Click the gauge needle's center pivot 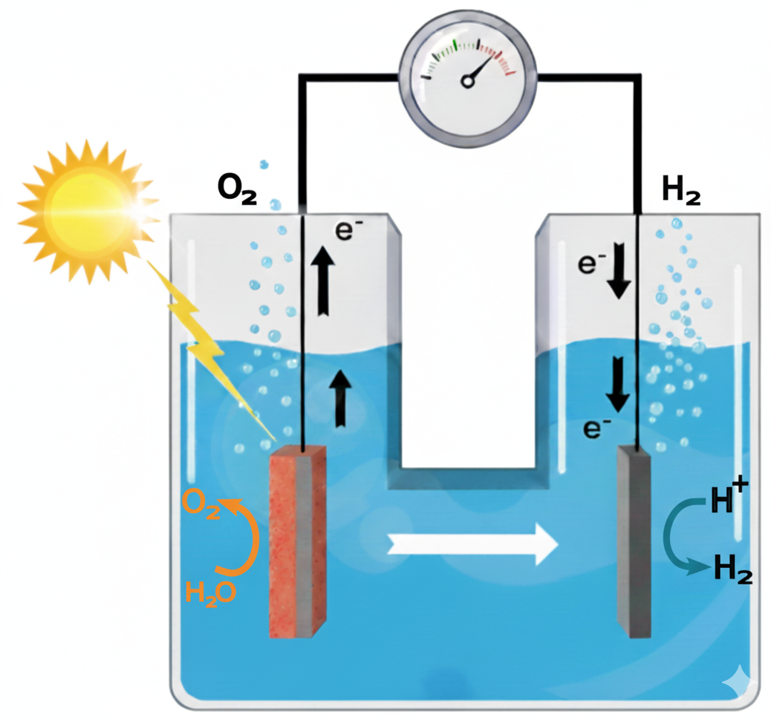pos(467,82)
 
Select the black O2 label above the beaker pos(238,189)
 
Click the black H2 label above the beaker pos(682,189)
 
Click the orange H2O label pos(210,593)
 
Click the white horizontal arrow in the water pos(473,544)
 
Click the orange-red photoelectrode pos(298,542)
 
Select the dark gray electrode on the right pos(634,542)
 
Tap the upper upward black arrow pos(323,281)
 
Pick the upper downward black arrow pos(619,270)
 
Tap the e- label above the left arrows pos(348,229)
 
